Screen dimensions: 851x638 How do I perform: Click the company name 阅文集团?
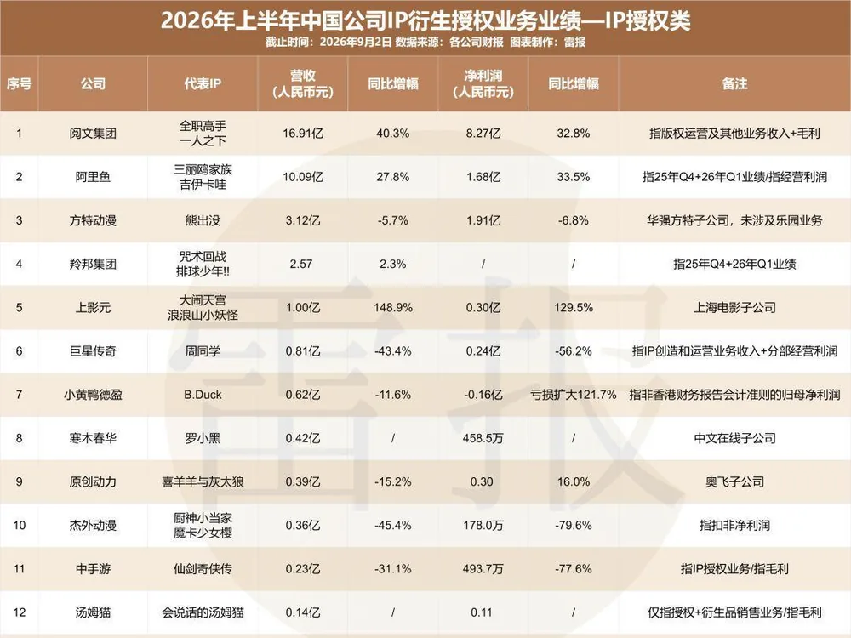tap(93, 134)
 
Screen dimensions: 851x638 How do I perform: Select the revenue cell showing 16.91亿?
tap(303, 134)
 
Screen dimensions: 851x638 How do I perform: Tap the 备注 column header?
tap(734, 83)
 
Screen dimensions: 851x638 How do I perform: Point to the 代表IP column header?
tap(203, 83)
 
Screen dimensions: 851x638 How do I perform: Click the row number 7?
tap(19, 395)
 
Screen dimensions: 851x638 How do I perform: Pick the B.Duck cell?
tap(203, 395)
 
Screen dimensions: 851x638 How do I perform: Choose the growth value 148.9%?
tap(393, 308)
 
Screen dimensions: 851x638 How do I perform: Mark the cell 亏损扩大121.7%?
tap(573, 395)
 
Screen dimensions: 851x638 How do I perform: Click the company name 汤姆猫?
tap(93, 612)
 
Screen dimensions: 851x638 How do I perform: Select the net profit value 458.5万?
tap(483, 438)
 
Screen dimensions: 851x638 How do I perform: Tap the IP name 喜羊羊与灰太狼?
tap(203, 481)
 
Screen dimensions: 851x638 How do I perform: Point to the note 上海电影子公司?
tap(734, 308)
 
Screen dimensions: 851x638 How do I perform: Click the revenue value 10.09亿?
tap(303, 177)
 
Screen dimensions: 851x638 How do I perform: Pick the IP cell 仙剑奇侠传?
tap(203, 568)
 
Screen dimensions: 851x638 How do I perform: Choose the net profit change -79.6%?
tap(573, 525)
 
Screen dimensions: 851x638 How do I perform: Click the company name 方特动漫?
tap(93, 220)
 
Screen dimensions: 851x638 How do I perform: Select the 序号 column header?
tap(19, 83)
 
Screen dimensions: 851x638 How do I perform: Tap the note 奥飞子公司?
tap(734, 481)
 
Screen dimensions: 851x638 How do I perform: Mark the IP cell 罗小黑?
tap(203, 438)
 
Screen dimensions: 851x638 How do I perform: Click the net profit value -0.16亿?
tap(483, 395)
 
